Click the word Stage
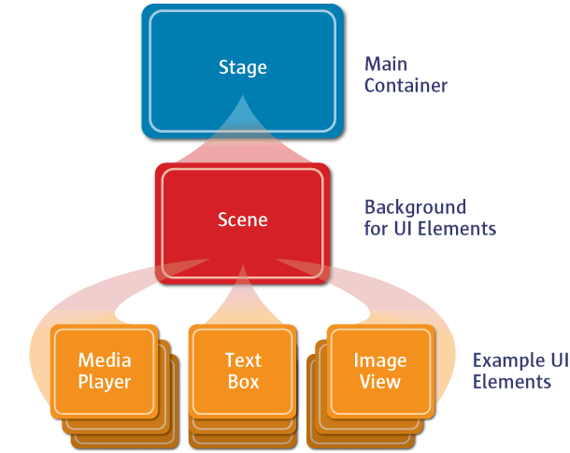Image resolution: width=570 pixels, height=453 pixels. tap(243, 67)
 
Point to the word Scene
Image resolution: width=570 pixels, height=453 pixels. tap(243, 220)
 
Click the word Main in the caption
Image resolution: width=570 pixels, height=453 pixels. tap(384, 64)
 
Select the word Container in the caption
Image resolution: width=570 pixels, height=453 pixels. tap(406, 86)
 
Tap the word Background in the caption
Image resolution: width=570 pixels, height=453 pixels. tap(415, 206)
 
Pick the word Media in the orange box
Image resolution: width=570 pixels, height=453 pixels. tap(105, 361)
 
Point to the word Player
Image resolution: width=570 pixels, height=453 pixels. tap(105, 381)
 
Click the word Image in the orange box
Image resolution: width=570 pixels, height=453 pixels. tap(380, 361)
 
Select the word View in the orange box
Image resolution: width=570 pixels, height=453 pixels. tap(380, 381)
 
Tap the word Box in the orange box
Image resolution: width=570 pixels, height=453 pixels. tap(243, 381)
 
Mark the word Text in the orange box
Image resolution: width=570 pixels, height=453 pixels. tap(243, 361)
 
